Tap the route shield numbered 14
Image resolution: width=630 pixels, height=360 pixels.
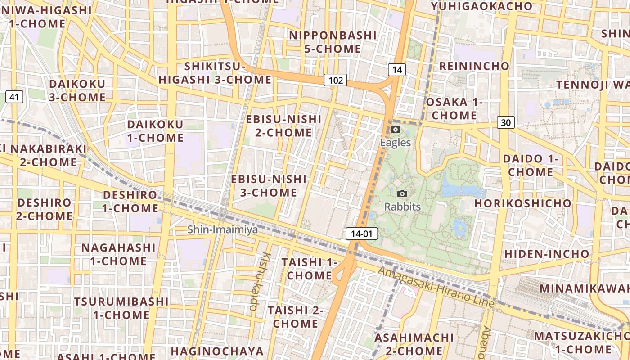[x=396, y=69]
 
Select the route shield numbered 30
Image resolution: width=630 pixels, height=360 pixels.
[x=506, y=122]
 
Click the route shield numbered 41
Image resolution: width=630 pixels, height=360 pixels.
[x=15, y=96]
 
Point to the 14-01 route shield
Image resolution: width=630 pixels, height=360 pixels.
[x=361, y=234]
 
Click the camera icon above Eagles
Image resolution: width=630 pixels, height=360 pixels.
[x=396, y=130]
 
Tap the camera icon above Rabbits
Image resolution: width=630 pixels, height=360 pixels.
[x=402, y=194]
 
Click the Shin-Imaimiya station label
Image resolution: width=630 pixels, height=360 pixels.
[x=223, y=229]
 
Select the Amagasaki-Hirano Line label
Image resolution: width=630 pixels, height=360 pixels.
[x=436, y=287]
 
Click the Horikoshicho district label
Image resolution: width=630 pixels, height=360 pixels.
[x=522, y=203]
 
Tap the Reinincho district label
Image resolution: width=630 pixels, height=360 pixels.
[x=474, y=66]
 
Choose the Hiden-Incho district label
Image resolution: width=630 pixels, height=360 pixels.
[x=546, y=254]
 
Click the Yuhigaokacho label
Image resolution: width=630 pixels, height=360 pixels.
[x=481, y=6]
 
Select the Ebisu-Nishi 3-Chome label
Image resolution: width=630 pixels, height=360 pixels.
[x=269, y=186]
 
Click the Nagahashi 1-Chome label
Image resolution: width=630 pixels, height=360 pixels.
[x=118, y=254]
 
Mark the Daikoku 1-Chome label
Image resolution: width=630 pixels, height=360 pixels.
[x=155, y=131]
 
